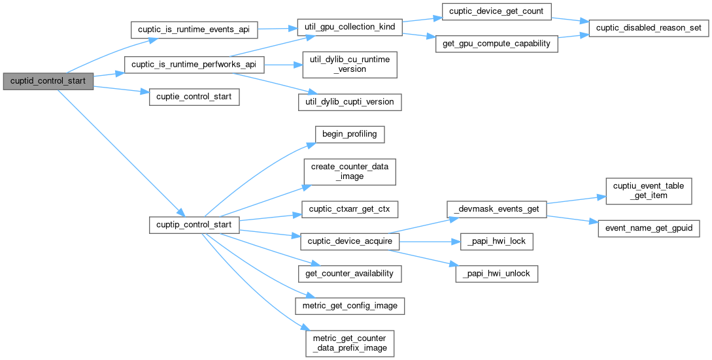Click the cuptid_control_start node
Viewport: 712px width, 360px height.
[x=48, y=81]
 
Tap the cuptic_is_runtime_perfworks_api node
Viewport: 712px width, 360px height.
[x=194, y=65]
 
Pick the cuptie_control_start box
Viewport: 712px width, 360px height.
[x=194, y=97]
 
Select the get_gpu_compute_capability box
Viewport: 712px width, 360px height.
[x=496, y=44]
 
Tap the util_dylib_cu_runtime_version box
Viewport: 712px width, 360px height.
[x=348, y=65]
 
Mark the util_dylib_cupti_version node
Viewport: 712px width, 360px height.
[x=348, y=101]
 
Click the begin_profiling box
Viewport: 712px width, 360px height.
[x=348, y=135]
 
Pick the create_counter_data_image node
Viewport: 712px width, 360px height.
[x=348, y=171]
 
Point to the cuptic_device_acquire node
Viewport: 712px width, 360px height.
[x=348, y=241]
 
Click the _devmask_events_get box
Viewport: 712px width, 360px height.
[x=496, y=208]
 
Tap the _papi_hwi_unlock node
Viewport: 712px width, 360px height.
[x=496, y=274]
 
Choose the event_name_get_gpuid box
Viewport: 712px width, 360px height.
[x=649, y=228]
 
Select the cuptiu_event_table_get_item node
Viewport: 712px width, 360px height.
[x=649, y=191]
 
